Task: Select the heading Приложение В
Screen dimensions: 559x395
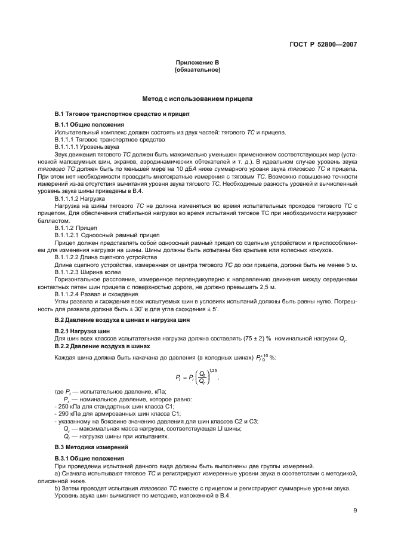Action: [197, 63]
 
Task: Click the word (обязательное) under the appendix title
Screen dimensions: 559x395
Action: [197, 70]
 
